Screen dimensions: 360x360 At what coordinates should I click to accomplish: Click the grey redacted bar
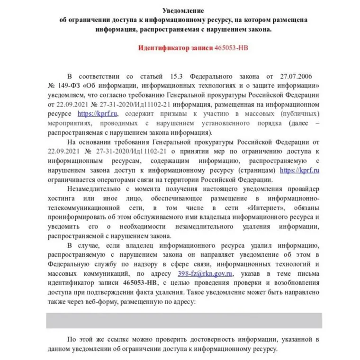tap(184, 320)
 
